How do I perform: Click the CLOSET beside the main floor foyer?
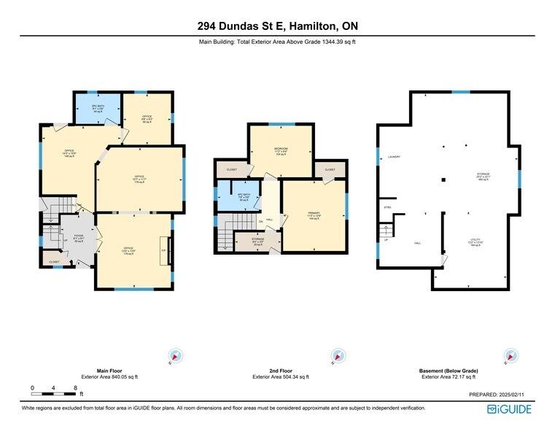point(54,260)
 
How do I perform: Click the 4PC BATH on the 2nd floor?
point(245,196)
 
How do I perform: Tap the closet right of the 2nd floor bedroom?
point(330,169)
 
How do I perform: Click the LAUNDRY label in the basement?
point(395,157)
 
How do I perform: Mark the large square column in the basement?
point(441,179)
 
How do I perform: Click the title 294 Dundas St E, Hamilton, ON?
point(277,26)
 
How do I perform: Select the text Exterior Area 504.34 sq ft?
point(280,377)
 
